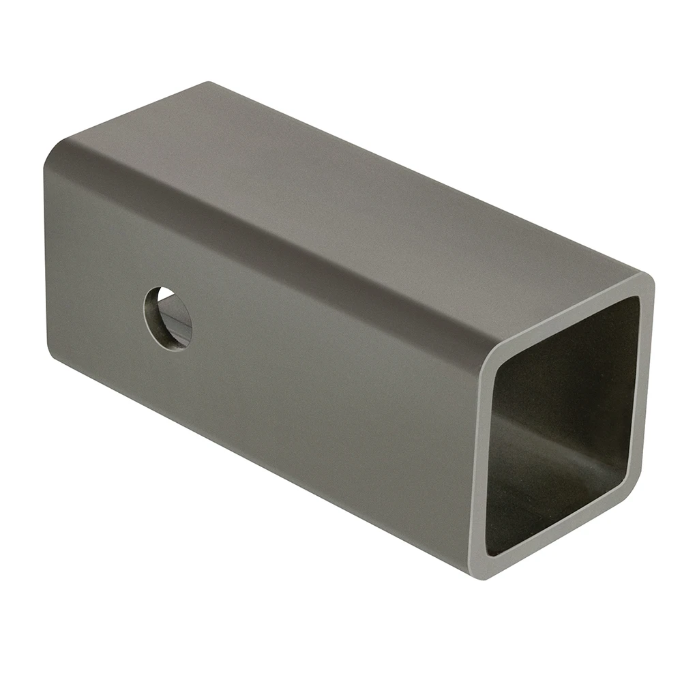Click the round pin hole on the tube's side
point(168,318)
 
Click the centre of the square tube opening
point(563,426)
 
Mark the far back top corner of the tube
point(208,83)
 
